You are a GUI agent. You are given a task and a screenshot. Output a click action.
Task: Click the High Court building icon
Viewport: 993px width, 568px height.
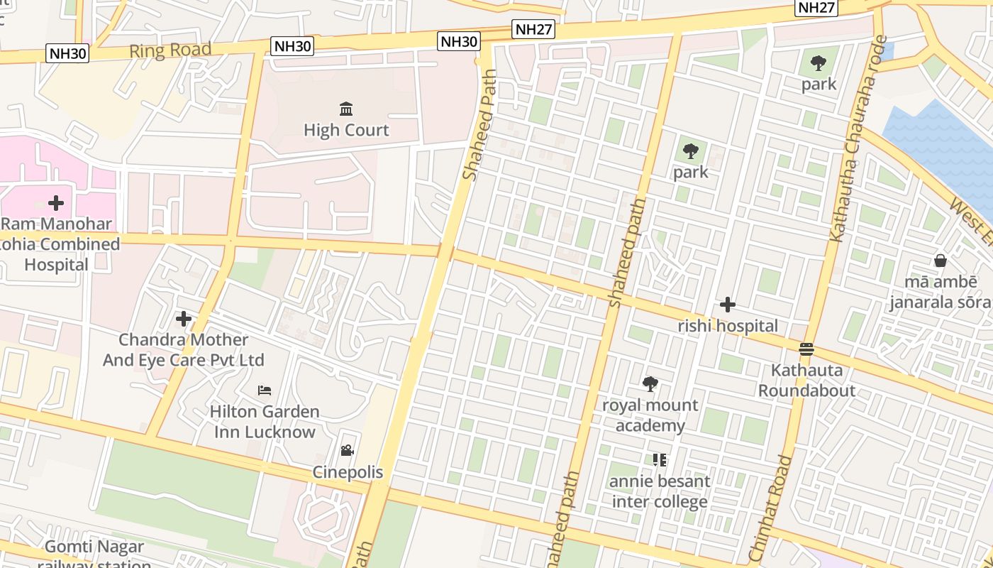(x=346, y=109)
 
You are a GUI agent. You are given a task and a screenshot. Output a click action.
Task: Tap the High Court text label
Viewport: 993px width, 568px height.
(x=346, y=130)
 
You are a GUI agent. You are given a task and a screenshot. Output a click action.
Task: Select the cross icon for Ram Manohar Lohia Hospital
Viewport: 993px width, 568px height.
(x=56, y=203)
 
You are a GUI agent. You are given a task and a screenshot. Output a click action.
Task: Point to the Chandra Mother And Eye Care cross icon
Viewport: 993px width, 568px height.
(x=184, y=319)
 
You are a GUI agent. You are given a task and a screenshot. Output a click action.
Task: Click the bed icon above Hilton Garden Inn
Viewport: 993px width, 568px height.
(x=265, y=390)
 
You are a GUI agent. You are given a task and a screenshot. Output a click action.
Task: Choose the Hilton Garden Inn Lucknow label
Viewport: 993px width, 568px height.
(x=265, y=422)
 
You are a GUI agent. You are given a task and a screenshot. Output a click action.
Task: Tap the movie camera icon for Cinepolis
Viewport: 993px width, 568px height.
(x=347, y=451)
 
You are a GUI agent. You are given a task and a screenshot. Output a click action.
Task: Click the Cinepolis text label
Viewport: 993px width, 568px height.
(x=348, y=472)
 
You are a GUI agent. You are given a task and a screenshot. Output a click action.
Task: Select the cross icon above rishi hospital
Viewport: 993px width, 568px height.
(x=728, y=305)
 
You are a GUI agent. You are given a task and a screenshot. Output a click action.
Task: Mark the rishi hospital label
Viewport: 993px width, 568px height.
(x=728, y=326)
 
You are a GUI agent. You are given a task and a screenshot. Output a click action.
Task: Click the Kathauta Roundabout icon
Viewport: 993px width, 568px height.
(x=806, y=349)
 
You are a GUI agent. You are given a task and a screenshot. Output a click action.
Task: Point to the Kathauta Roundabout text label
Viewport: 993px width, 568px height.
(x=806, y=380)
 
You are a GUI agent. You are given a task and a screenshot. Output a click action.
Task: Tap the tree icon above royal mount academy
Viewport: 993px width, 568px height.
(x=650, y=384)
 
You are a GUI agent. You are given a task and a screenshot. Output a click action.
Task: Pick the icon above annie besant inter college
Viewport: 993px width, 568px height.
(x=660, y=460)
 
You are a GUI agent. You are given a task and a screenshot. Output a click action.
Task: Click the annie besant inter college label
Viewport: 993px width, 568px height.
(x=660, y=491)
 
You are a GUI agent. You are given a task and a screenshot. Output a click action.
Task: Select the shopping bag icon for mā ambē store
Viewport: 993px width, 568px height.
(x=941, y=261)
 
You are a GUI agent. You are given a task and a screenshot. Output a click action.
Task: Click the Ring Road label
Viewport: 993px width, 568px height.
(x=170, y=50)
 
